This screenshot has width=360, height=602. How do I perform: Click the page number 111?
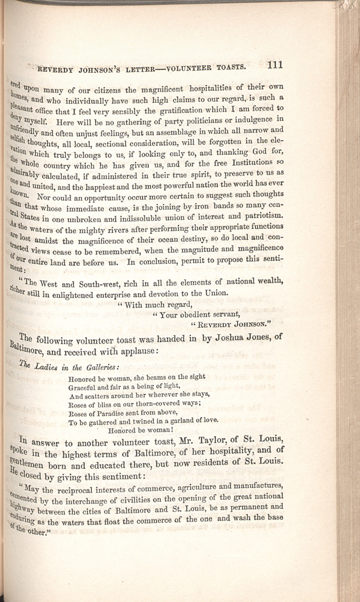tap(276, 65)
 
